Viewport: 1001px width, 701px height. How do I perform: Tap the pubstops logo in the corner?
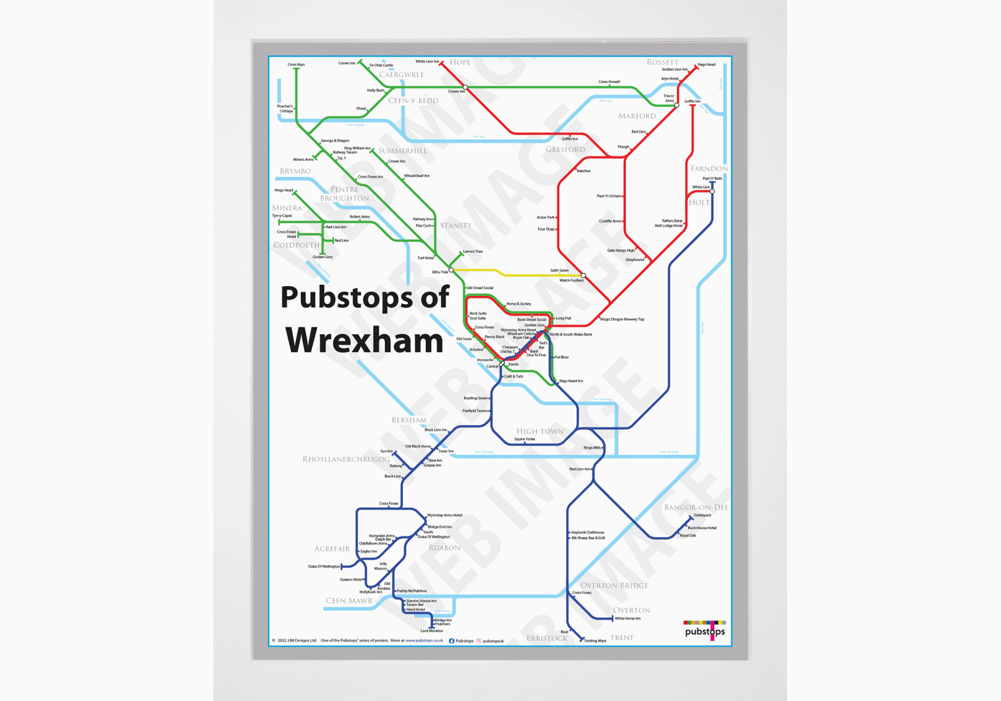(704, 630)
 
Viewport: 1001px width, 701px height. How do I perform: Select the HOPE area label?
(460, 62)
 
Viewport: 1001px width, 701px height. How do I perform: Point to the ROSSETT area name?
(662, 62)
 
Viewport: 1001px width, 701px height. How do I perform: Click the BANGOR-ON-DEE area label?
(696, 507)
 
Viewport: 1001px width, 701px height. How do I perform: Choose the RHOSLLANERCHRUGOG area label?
(346, 459)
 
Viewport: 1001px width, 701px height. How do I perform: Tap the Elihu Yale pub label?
(440, 272)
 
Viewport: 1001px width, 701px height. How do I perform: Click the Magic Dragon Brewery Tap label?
(622, 319)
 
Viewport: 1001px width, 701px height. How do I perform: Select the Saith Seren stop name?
(559, 270)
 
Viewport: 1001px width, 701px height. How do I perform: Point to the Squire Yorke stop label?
(524, 439)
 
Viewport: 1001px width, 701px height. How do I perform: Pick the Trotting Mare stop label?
(595, 641)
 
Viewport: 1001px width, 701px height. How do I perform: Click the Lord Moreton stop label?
(432, 631)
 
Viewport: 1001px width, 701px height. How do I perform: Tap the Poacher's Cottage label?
(285, 109)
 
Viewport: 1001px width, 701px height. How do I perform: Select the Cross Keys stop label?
(296, 64)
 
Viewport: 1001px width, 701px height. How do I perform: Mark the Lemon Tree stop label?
(473, 252)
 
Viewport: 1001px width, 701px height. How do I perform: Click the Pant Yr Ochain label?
(609, 196)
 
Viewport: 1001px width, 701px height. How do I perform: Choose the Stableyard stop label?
(702, 515)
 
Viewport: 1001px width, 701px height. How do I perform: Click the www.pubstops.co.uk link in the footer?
(424, 641)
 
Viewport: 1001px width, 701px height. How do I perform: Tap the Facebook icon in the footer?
(452, 641)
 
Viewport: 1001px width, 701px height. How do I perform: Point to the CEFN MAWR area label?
(348, 600)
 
